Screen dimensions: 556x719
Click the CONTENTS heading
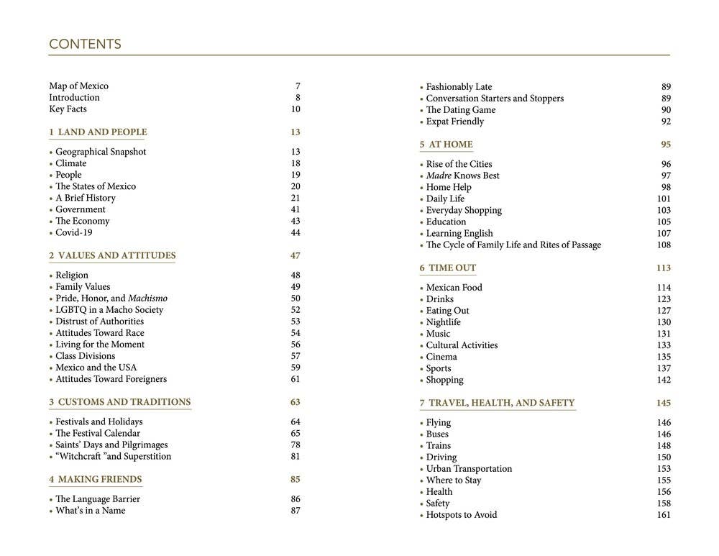[85, 45]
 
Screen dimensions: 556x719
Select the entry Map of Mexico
[78, 86]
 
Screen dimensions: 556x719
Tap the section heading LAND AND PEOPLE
[101, 132]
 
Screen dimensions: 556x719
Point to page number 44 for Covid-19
[296, 233]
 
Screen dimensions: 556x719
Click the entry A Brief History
[86, 199]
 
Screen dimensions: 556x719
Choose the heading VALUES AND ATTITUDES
[116, 256]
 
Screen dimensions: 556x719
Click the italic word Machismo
[147, 298]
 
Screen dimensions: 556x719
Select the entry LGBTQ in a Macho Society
[109, 310]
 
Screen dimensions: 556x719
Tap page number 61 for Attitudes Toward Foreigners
[296, 379]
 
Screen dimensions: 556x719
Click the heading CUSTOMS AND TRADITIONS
[124, 402]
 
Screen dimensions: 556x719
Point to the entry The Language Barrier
[98, 499]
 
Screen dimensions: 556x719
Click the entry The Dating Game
[460, 110]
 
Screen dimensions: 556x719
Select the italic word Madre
[439, 176]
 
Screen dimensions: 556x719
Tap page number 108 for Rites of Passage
[663, 245]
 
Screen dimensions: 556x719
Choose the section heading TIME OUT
[452, 268]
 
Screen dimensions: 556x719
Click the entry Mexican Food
[454, 288]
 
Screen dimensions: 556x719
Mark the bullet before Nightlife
[421, 323]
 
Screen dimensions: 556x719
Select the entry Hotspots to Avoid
[461, 515]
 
